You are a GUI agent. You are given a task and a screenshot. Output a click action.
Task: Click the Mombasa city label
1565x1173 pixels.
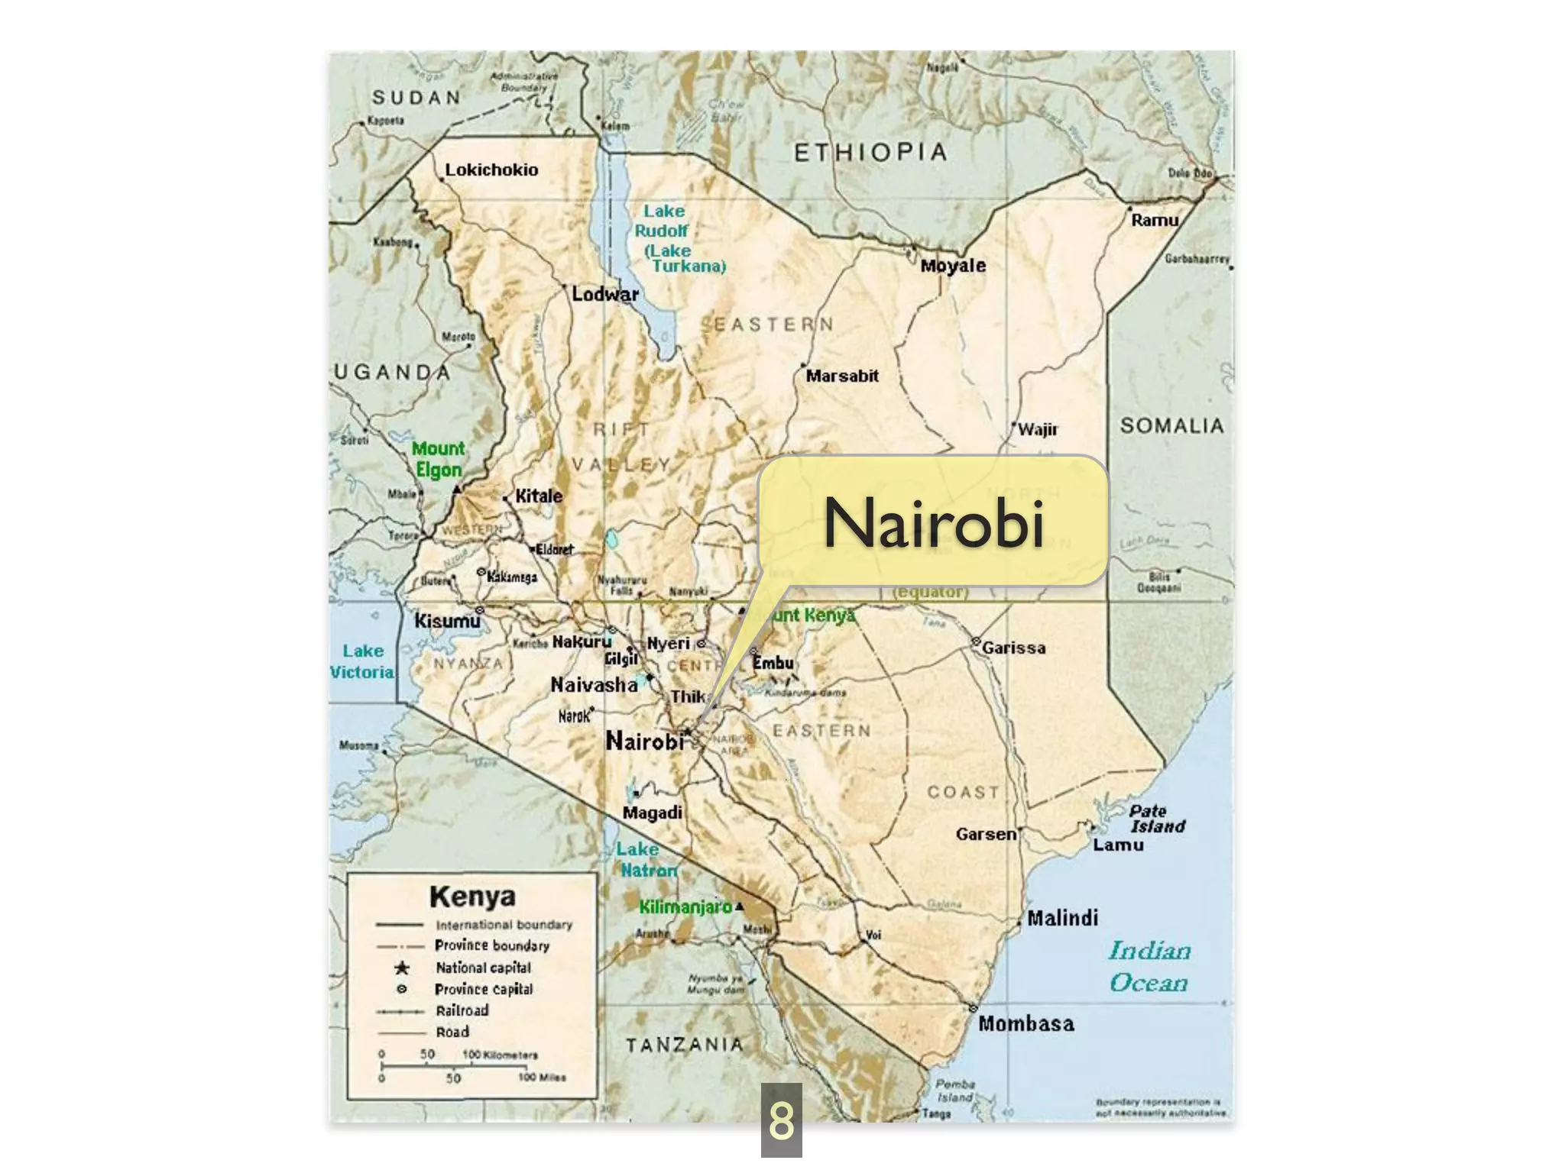tap(1026, 1023)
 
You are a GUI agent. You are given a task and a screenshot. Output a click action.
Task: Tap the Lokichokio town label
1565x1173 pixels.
tap(491, 170)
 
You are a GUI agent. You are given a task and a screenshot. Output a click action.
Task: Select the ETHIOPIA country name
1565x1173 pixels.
tap(870, 153)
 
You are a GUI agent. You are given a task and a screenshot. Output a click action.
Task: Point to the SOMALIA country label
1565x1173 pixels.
tap(1171, 425)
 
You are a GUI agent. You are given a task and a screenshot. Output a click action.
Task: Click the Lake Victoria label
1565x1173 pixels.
tap(362, 661)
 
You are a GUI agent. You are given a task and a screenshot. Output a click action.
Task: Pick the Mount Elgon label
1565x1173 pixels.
tap(438, 459)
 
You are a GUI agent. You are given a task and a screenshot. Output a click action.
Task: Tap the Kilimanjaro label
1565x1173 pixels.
tap(685, 906)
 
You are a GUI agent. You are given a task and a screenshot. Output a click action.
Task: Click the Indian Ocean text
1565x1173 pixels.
tap(1149, 966)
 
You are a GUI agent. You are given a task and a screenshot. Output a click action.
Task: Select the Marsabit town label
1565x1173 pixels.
tap(842, 376)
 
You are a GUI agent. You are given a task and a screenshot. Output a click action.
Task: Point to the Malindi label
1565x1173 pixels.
tap(1062, 918)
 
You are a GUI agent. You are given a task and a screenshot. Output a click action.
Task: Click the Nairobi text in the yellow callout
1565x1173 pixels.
tap(933, 523)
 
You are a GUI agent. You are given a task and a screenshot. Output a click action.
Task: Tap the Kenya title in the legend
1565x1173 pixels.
tap(472, 896)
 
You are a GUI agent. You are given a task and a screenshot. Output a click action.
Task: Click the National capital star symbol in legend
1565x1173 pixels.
tap(401, 968)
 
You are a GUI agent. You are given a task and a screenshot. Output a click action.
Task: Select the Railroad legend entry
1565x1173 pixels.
tap(462, 1010)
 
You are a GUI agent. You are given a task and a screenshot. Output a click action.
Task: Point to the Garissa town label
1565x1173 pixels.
tap(1014, 648)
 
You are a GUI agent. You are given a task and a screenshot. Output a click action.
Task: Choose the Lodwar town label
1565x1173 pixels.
tap(605, 294)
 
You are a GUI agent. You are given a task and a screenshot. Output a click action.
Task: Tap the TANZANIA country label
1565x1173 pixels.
tap(684, 1045)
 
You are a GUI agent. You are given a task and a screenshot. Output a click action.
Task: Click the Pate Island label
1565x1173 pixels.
tap(1157, 818)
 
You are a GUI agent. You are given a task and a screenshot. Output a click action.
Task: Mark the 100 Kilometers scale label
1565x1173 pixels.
tap(500, 1055)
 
